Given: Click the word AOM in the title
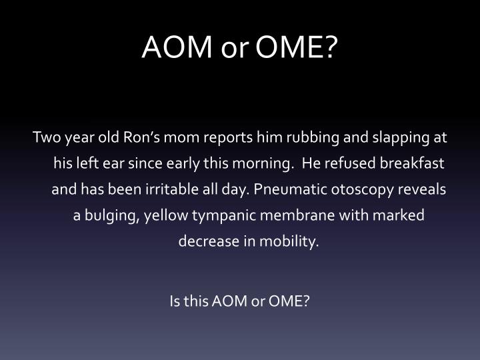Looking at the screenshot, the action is [177, 47].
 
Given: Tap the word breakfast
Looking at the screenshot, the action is [412, 163].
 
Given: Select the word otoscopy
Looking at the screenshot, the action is [362, 190].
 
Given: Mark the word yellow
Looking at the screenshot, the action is [166, 216].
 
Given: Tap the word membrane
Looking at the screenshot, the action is [297, 215].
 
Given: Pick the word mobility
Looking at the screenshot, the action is [289, 242].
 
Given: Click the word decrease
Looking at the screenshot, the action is [209, 241].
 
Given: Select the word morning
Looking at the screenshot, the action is [261, 164].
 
